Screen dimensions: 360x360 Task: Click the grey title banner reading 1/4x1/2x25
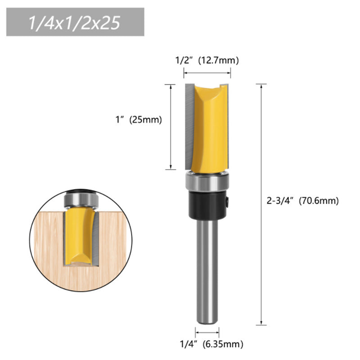(x=75, y=22)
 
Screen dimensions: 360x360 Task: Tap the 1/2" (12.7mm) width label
(x=207, y=60)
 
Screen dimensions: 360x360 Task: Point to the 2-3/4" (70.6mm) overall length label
(x=302, y=201)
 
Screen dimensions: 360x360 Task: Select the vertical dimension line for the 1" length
(x=170, y=126)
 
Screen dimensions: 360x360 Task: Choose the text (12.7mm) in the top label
(x=221, y=60)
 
